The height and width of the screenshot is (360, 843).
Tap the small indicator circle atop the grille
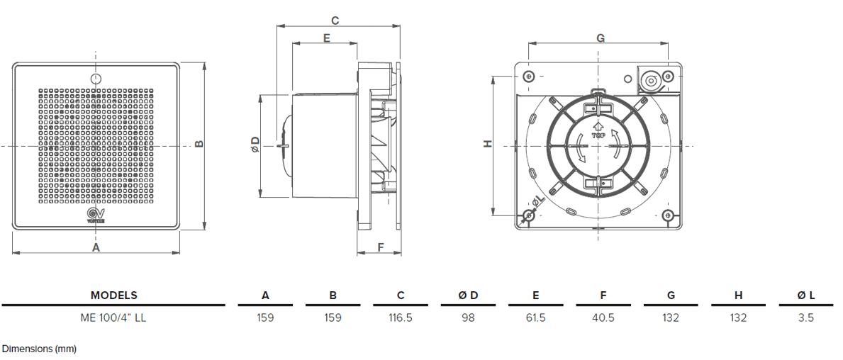96,77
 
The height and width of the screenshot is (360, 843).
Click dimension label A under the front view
96,247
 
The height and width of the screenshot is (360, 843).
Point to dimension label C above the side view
335,21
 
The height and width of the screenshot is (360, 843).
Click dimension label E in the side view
326,38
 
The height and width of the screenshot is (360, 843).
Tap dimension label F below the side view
380,247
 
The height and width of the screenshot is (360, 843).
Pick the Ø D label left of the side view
255,145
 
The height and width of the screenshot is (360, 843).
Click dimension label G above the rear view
600,38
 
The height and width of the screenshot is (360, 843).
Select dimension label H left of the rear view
487,144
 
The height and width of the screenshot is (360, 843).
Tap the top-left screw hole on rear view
527,76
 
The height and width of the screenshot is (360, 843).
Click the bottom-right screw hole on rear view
666,215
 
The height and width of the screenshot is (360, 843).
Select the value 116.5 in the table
400,317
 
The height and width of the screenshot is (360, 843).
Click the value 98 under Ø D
468,317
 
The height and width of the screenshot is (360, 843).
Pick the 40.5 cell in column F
603,317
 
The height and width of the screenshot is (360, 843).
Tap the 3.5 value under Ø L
805,317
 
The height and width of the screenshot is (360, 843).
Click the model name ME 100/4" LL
113,317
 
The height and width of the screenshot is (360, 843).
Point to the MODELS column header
113,296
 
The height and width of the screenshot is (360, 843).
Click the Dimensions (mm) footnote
39,349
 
